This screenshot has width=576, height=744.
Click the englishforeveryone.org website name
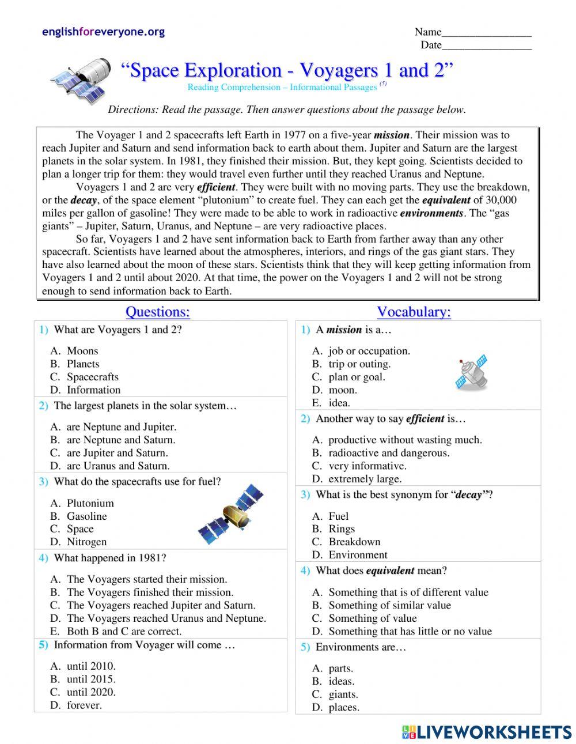click(x=103, y=32)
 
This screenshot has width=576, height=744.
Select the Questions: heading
click(x=157, y=312)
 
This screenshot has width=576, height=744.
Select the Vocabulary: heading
click(x=414, y=312)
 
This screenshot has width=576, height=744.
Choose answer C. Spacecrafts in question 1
click(x=92, y=377)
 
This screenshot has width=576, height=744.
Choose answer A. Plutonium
click(x=90, y=503)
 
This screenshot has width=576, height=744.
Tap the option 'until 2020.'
click(x=91, y=692)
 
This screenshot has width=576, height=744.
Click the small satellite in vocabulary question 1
click(x=471, y=373)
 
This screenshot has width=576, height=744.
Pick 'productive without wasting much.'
click(x=405, y=440)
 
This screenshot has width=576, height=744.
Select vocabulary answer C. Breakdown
click(x=354, y=542)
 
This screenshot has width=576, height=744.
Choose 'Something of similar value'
click(x=389, y=605)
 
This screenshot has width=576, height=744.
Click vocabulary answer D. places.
click(x=343, y=708)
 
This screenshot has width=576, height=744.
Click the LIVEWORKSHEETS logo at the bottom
click(x=486, y=731)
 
